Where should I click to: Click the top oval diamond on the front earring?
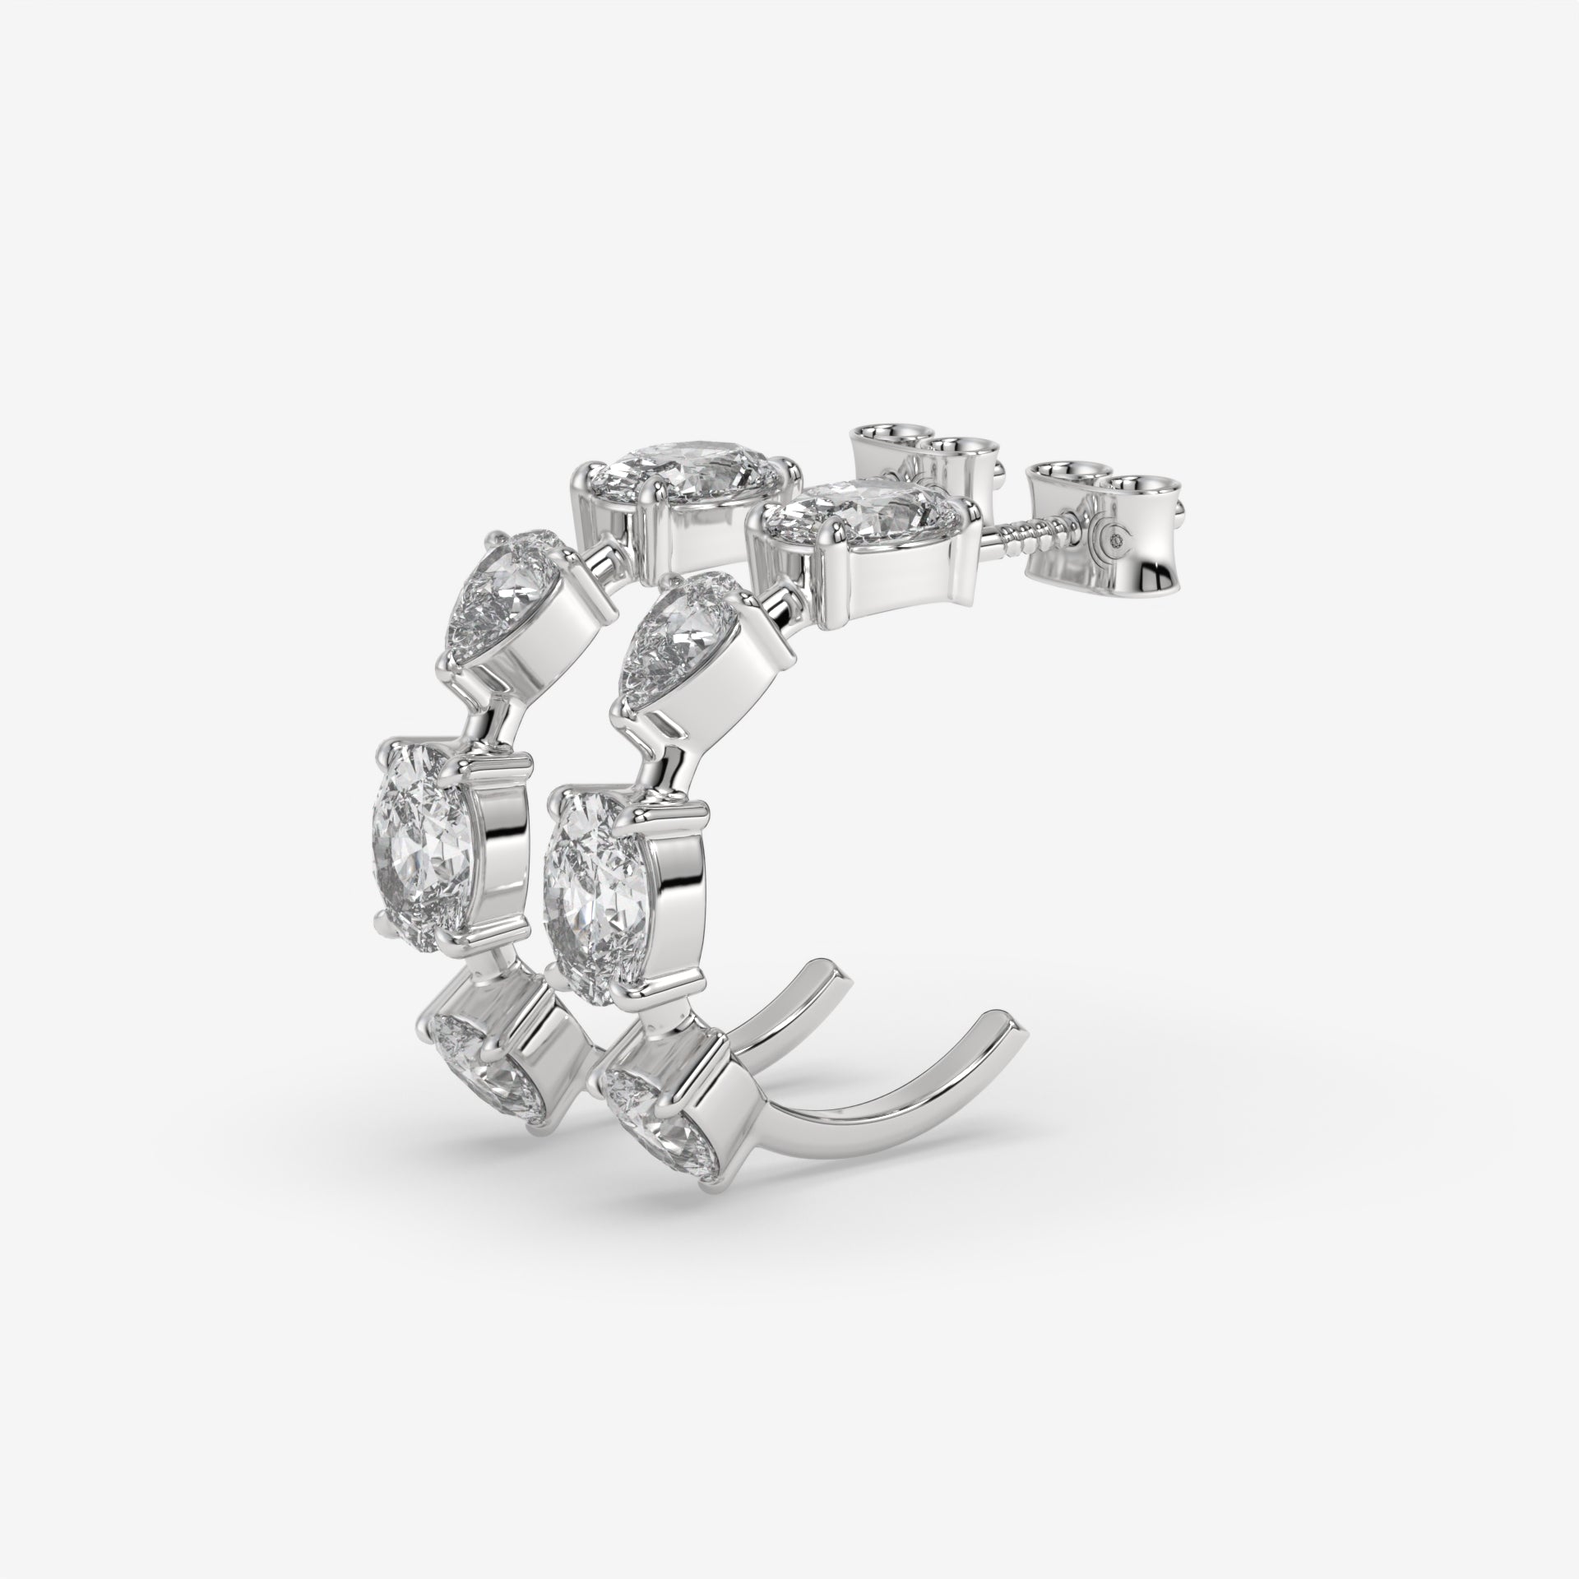click(859, 508)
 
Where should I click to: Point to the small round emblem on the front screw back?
click(1116, 540)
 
